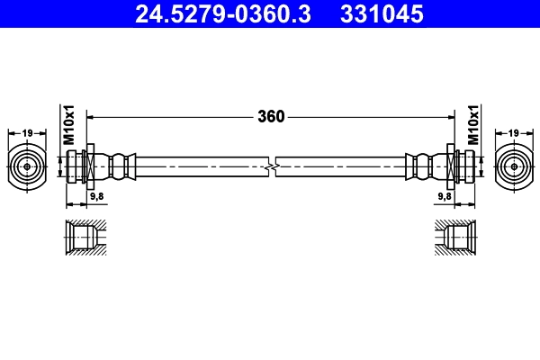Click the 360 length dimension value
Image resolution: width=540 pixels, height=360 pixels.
[x=271, y=116]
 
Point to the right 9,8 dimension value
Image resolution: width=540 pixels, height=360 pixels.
[x=444, y=194]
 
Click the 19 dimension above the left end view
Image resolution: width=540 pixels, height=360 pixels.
[x=28, y=133]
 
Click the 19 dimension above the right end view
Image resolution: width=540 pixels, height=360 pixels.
[x=513, y=133]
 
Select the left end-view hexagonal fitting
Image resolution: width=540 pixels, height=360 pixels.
[x=28, y=166]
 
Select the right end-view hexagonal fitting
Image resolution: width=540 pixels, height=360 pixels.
[x=513, y=166]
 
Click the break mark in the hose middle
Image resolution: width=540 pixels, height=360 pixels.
[x=271, y=166]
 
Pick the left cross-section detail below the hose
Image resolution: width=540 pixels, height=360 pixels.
[x=86, y=238]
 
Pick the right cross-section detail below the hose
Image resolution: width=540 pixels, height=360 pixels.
[x=455, y=238]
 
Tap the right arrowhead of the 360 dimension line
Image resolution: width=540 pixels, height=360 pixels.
[x=448, y=116]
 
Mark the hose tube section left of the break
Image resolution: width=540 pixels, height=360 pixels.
[x=202, y=166]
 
